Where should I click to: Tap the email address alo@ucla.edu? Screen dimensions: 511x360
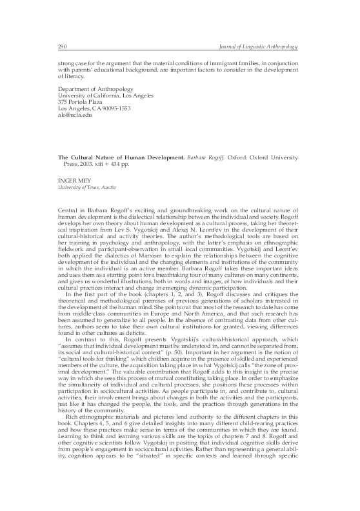pos(55,116)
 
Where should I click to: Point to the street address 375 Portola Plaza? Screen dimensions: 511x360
pos(65,102)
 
